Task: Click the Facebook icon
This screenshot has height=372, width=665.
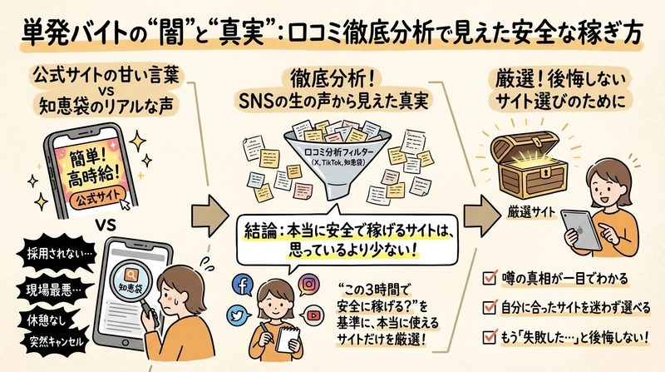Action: point(243,285)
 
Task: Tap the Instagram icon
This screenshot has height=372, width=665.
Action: point(309,284)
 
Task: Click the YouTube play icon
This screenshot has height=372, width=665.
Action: point(313,315)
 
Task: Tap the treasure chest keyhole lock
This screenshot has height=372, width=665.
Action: point(544,173)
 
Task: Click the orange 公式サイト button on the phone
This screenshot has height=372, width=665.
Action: point(96,197)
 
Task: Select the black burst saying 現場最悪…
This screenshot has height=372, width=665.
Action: point(54,290)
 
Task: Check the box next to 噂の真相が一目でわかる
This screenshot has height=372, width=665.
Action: point(490,278)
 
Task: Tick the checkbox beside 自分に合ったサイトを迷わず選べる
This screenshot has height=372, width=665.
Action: point(490,306)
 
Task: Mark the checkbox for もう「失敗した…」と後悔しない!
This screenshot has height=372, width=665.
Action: point(490,337)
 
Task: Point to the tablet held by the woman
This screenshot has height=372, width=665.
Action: point(581,230)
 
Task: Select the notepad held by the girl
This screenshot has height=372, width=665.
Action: point(288,340)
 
